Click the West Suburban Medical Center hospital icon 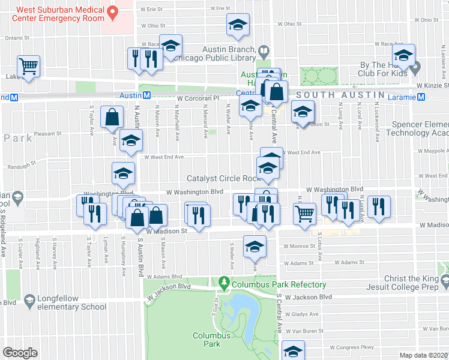pos(111,12)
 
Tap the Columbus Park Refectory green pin pos(225,281)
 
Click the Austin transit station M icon pos(145,95)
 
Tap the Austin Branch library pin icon pos(263,49)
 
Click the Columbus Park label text pos(211,340)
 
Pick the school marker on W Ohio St pos(238,25)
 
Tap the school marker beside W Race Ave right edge pos(404,55)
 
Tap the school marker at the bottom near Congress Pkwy pos(293,350)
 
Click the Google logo pos(20,353)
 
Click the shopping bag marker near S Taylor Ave pos(112,116)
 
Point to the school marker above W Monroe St pos(255,245)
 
